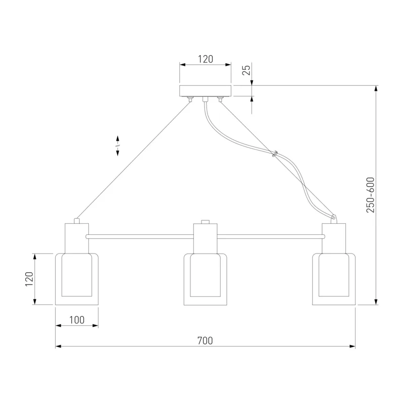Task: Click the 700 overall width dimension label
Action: pos(205,340)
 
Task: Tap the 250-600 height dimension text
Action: pos(370,195)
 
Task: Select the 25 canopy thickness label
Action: pos(246,70)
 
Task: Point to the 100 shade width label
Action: pos(77,320)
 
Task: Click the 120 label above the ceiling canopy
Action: pos(206,59)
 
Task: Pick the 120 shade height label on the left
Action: pos(29,279)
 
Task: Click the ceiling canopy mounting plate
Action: pos(206,91)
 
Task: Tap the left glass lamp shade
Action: pos(77,279)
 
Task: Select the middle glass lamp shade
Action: pos(206,279)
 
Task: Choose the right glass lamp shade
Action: pos(334,279)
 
